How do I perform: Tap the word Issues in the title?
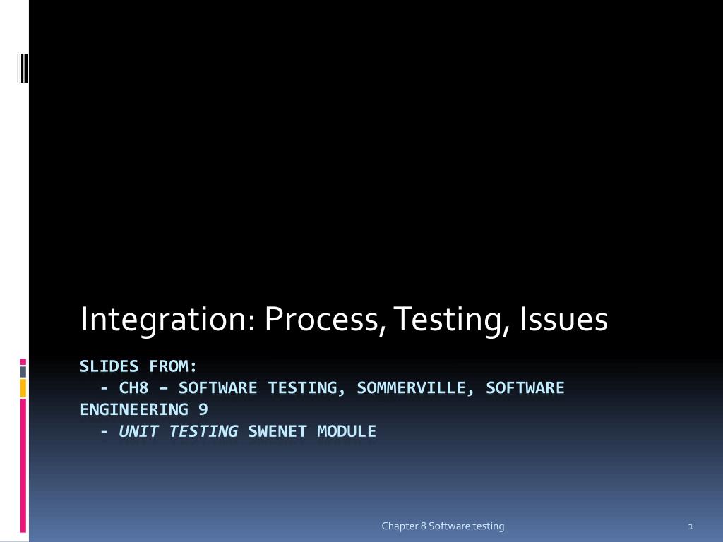563,319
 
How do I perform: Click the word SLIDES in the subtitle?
109,366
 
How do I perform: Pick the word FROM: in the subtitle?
173,366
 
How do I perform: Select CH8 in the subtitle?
133,388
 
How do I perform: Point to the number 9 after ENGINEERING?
203,409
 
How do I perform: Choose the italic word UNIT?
138,431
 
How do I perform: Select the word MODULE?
347,431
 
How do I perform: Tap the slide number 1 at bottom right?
691,526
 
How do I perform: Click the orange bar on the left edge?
23,387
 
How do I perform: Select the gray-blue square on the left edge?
23,371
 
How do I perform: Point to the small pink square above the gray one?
23,361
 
